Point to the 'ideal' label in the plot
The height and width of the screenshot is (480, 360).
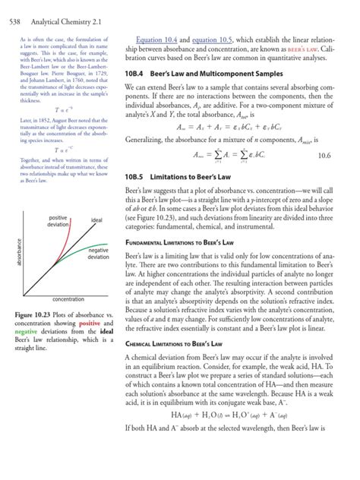[96, 220]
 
